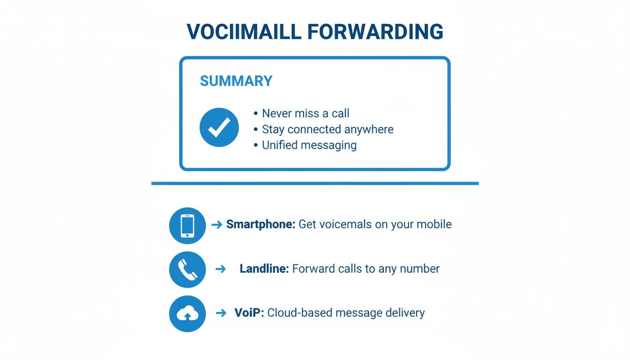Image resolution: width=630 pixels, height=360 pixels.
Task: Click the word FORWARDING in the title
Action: (x=375, y=32)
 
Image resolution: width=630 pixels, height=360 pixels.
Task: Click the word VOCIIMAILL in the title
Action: (x=244, y=32)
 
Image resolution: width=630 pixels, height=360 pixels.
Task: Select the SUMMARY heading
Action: (x=236, y=81)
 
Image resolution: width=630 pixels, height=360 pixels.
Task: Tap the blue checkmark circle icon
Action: (x=219, y=127)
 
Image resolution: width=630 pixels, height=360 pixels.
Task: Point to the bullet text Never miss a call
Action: (x=305, y=113)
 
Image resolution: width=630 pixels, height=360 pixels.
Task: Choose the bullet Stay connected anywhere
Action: (x=327, y=129)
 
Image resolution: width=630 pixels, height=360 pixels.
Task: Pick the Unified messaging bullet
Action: (x=309, y=145)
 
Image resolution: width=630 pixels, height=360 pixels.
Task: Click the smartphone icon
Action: (x=187, y=226)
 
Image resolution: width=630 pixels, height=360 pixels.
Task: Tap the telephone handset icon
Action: (x=187, y=270)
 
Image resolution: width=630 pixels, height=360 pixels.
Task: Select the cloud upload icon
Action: (x=187, y=314)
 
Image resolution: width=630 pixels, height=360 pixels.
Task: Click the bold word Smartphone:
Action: (x=261, y=225)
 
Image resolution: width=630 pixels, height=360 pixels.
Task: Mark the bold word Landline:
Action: (x=264, y=269)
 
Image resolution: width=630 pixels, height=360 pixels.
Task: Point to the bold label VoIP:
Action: (x=249, y=313)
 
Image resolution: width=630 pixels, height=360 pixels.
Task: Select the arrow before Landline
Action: (x=220, y=269)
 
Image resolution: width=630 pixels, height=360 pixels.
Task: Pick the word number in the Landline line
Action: (x=420, y=269)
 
